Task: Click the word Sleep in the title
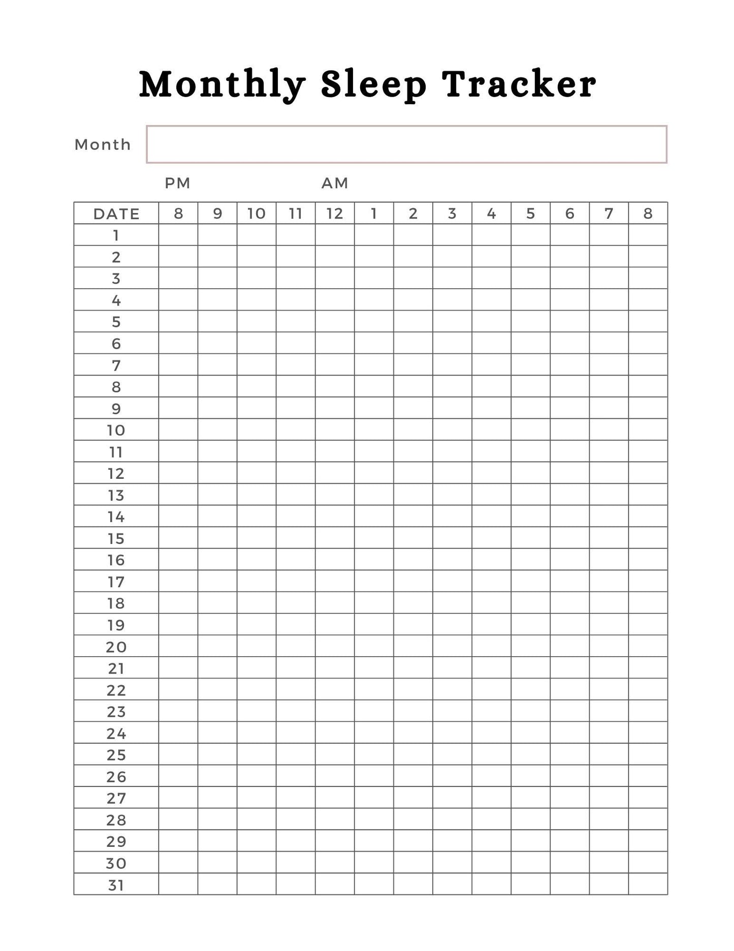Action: pyautogui.click(x=373, y=84)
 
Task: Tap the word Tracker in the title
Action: pyautogui.click(x=519, y=84)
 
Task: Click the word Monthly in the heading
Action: pyautogui.click(x=222, y=84)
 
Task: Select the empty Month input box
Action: pyautogui.click(x=406, y=144)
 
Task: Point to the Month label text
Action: pyautogui.click(x=103, y=145)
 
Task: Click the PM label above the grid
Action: pyautogui.click(x=177, y=183)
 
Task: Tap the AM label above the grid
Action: pyautogui.click(x=335, y=183)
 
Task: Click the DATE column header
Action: pyautogui.click(x=116, y=214)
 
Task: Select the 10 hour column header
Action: pyautogui.click(x=257, y=214)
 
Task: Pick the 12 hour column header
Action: pyautogui.click(x=335, y=214)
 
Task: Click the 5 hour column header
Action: pyautogui.click(x=530, y=214)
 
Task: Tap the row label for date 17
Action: pyautogui.click(x=116, y=581)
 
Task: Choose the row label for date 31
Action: pyautogui.click(x=116, y=885)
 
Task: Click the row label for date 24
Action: pyautogui.click(x=116, y=733)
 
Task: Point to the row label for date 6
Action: pyautogui.click(x=116, y=344)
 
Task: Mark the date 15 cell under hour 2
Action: pyautogui.click(x=413, y=538)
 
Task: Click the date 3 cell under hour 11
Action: pyautogui.click(x=296, y=279)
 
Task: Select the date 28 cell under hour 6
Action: pyautogui.click(x=569, y=819)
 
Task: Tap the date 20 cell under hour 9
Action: pyautogui.click(x=217, y=646)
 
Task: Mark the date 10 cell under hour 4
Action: pyautogui.click(x=491, y=430)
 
